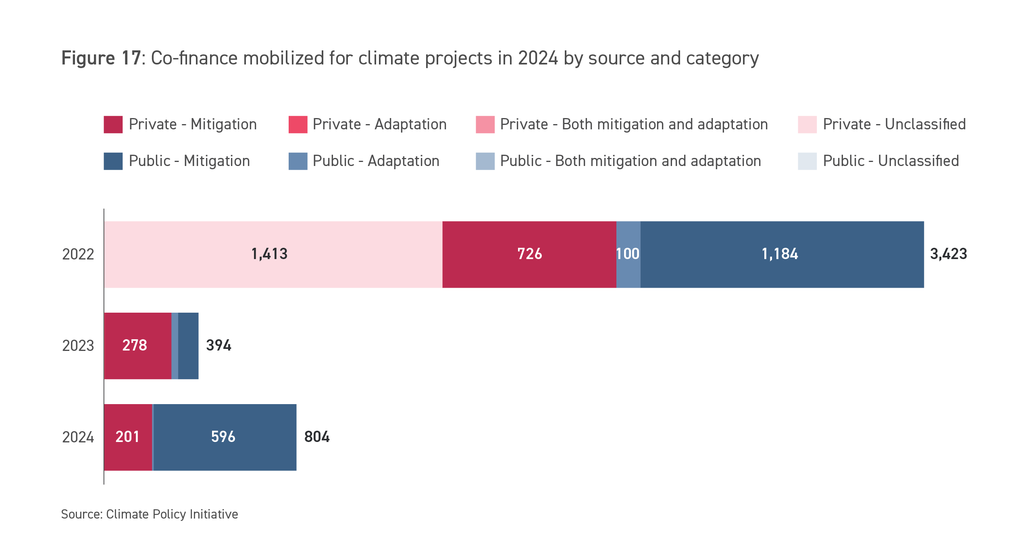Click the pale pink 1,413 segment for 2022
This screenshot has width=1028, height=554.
(x=273, y=254)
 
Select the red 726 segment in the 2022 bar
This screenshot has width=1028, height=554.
(x=529, y=254)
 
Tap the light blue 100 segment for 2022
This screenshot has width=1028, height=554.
(x=628, y=254)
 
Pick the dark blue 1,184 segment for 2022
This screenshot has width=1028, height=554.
(x=782, y=254)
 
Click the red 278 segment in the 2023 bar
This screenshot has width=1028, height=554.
(x=137, y=346)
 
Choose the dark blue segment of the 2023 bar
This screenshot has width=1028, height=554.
(x=188, y=346)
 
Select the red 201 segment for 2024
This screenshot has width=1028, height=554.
(x=128, y=437)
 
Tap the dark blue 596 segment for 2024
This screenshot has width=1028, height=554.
(x=225, y=437)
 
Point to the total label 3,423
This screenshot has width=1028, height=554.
(x=948, y=254)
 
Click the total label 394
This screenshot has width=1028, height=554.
(x=219, y=346)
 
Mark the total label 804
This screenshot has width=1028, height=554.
(x=317, y=437)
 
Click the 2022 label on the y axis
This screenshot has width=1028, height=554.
(x=78, y=254)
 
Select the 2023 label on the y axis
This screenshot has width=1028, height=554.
(x=78, y=346)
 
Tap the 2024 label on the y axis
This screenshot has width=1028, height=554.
(x=78, y=437)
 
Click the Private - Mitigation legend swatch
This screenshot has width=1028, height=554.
(x=113, y=124)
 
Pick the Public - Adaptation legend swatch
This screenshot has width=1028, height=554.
(x=298, y=161)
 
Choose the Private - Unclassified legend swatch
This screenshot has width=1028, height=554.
(x=807, y=124)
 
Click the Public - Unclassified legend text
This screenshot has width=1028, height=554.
(x=891, y=161)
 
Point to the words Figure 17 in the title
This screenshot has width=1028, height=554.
(x=101, y=58)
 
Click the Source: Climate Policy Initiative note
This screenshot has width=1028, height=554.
(x=149, y=515)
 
